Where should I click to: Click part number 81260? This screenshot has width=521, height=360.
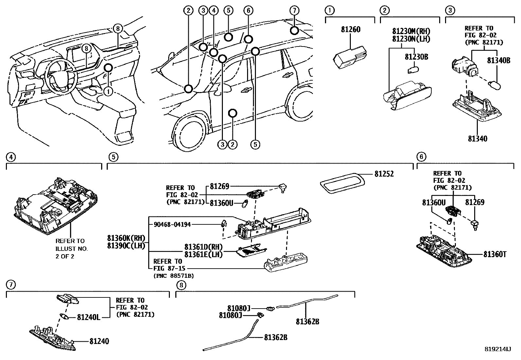click(x=350, y=29)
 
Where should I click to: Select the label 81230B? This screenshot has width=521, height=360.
click(x=416, y=57)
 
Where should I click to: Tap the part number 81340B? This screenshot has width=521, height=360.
click(x=498, y=60)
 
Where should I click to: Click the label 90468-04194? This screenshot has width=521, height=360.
click(x=172, y=224)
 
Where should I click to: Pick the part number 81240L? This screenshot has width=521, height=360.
click(x=88, y=317)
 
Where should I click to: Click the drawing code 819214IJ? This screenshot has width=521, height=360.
click(x=497, y=349)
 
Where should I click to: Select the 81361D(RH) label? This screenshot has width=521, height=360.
click(x=203, y=247)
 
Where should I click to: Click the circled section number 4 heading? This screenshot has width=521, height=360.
click(x=10, y=157)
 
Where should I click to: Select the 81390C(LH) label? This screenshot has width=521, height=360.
click(x=126, y=246)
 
